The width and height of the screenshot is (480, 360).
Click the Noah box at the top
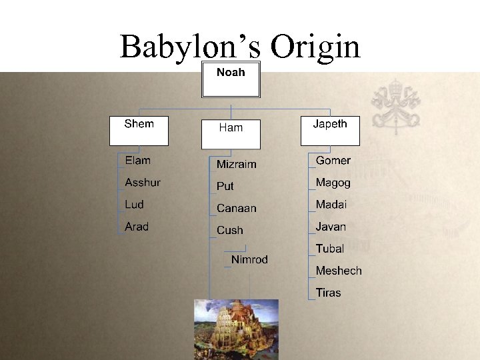pyautogui.click(x=231, y=80)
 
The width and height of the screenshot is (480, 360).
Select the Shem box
pyautogui.click(x=139, y=131)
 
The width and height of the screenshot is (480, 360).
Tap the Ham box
pyautogui.click(x=231, y=134)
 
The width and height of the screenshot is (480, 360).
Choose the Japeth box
pyautogui.click(x=330, y=131)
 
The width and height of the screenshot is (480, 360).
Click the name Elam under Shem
pyautogui.click(x=138, y=160)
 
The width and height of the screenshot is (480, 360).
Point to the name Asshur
pyautogui.click(x=143, y=182)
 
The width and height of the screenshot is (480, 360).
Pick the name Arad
pyautogui.click(x=137, y=227)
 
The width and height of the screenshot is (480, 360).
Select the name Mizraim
pyautogui.click(x=236, y=164)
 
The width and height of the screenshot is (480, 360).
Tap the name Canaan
pyautogui.click(x=236, y=208)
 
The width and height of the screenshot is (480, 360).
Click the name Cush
pyautogui.click(x=230, y=230)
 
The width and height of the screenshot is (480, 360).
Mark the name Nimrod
pyautogui.click(x=249, y=259)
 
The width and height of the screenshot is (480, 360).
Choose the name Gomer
pyautogui.click(x=333, y=160)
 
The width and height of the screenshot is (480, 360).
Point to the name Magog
pyautogui.click(x=333, y=182)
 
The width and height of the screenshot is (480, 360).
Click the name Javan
pyautogui.click(x=331, y=227)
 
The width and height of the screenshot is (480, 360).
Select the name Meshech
pyautogui.click(x=339, y=271)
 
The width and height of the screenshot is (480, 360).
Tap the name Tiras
pyautogui.click(x=328, y=293)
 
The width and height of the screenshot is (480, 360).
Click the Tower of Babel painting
pyautogui.click(x=236, y=329)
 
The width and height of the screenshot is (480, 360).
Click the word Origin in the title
pyautogui.click(x=315, y=47)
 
